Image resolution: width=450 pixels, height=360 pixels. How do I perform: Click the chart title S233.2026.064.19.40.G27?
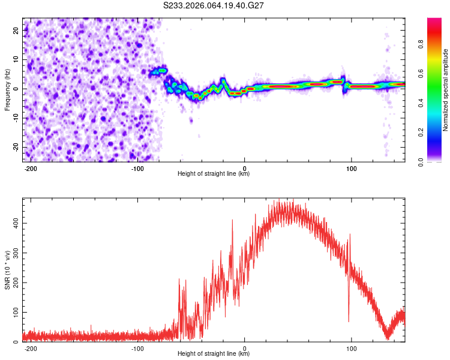click(214, 5)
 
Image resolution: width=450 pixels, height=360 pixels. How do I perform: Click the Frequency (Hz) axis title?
click(7, 89)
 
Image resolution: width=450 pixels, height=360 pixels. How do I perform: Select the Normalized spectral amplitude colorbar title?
click(445, 90)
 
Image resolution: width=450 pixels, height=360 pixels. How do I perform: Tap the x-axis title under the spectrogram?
click(214, 175)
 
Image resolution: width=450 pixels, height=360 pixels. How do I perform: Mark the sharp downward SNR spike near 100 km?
click(349, 321)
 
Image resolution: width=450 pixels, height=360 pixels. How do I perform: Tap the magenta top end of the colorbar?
click(434, 21)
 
